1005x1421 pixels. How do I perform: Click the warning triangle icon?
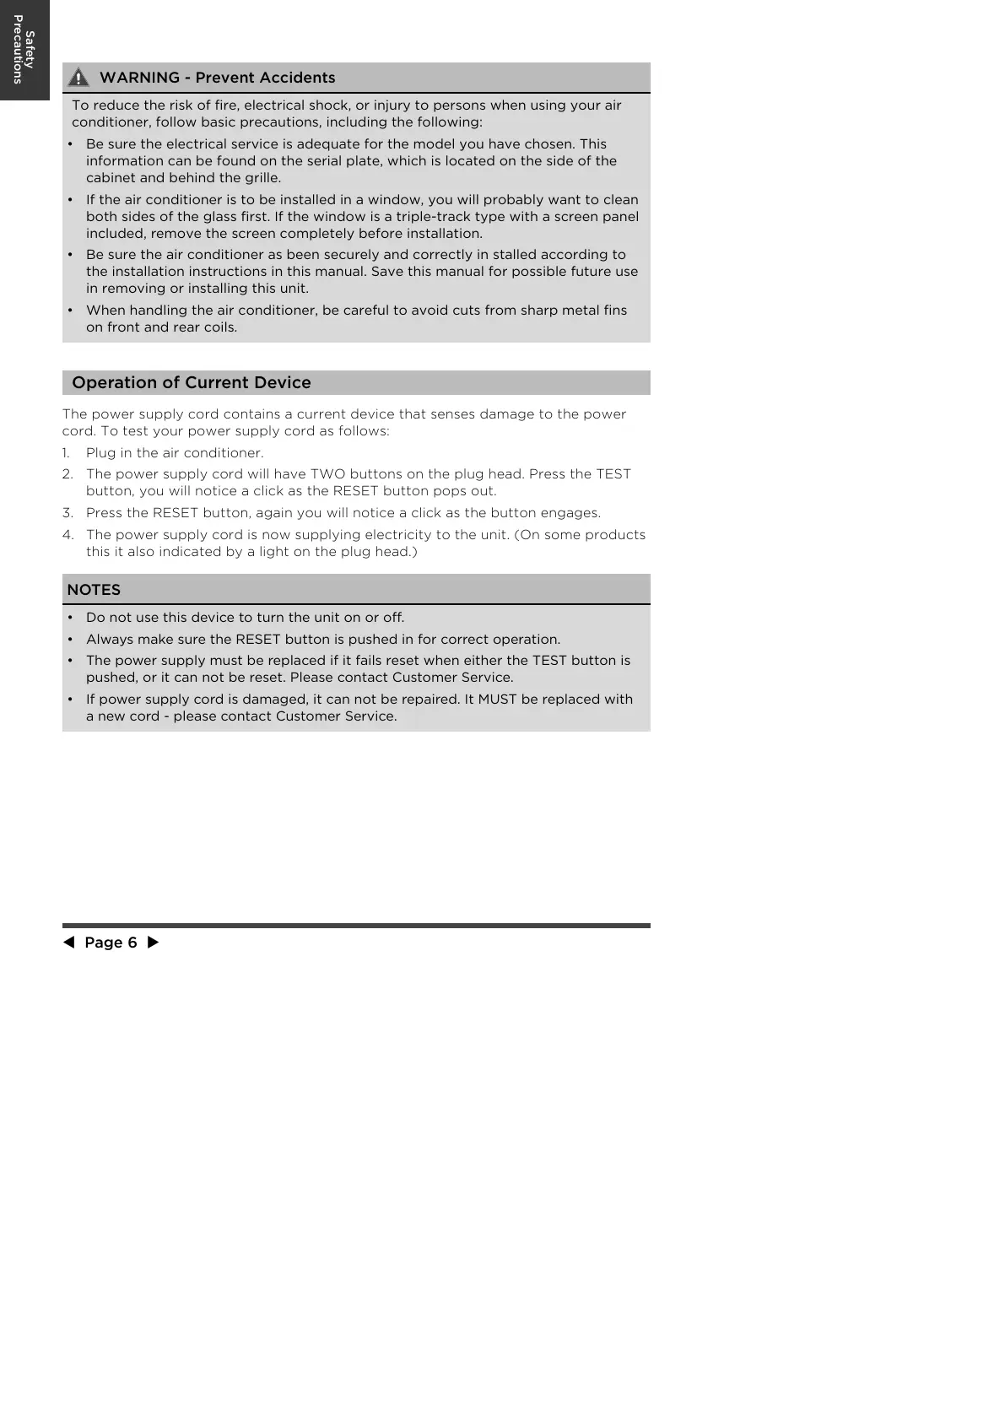click(78, 78)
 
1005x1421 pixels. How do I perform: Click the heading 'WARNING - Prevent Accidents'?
click(217, 78)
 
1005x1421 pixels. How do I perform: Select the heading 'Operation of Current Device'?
click(192, 382)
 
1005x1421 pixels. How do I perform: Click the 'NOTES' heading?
click(94, 590)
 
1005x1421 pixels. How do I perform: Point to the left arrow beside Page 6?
click(68, 943)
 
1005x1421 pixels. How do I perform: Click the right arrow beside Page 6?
click(153, 943)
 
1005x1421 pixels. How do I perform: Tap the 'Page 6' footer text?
click(111, 943)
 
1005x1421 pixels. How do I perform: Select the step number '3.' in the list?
click(68, 513)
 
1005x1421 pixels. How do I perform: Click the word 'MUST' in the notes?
click(497, 699)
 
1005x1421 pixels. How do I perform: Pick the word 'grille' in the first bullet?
click(260, 178)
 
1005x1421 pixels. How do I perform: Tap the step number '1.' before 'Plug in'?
click(67, 453)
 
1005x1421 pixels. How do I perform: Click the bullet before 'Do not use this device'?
click(69, 618)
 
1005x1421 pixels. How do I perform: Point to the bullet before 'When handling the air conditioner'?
click(69, 311)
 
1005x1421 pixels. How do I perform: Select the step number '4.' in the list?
click(68, 535)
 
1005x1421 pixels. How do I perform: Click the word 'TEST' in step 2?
click(613, 474)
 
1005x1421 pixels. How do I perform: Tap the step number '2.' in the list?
click(68, 474)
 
